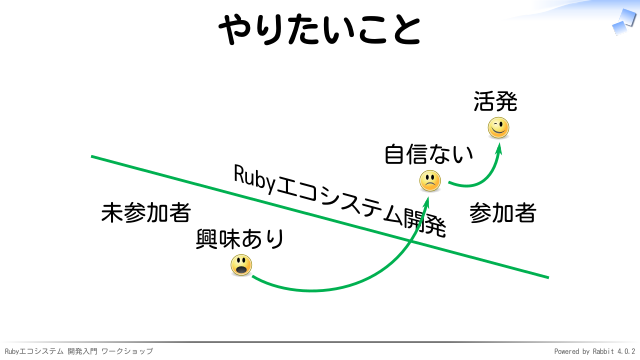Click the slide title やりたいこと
[320, 29]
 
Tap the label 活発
[495, 101]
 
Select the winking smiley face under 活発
[498, 128]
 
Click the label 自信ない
[429, 154]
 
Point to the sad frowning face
[430, 181]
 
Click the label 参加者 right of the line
[502, 213]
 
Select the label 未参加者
[146, 212]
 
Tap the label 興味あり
[240, 239]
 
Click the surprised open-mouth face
[241, 265]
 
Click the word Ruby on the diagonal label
[255, 180]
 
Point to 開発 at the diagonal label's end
[425, 222]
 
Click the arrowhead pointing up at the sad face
[426, 201]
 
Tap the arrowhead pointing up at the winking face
[498, 148]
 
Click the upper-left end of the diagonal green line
[91, 156]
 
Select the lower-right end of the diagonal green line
[549, 278]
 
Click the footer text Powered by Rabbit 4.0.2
[594, 351]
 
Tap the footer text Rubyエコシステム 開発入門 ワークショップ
[79, 351]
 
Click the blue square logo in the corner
[624, 21]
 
